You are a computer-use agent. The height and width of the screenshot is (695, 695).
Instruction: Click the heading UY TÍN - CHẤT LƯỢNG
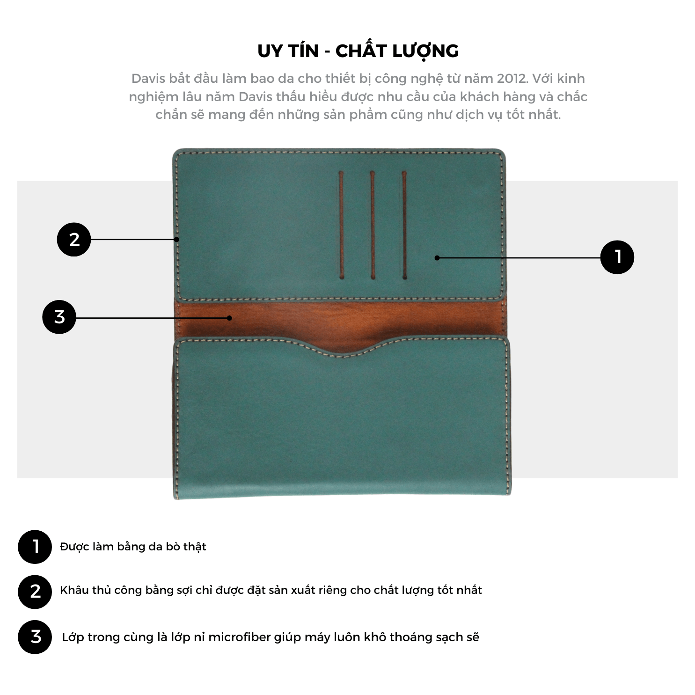(358, 51)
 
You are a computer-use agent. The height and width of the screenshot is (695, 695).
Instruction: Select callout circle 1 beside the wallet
(617, 257)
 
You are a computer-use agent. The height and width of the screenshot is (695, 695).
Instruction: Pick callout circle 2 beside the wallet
(74, 239)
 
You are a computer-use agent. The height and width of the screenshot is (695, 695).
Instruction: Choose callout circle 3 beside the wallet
(59, 317)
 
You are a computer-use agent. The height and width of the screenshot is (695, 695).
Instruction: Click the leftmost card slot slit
(341, 225)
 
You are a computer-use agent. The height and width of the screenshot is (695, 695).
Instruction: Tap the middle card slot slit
(373, 225)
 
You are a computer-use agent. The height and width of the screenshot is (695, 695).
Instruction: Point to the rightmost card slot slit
(404, 225)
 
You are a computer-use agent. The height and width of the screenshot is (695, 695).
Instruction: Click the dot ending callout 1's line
(437, 257)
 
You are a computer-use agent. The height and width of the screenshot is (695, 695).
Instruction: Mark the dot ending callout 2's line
(177, 239)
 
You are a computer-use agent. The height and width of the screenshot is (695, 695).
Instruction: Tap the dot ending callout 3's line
(229, 318)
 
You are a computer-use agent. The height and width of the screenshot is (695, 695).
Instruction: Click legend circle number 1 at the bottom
(35, 547)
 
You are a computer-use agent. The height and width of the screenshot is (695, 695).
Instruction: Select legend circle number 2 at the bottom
(35, 592)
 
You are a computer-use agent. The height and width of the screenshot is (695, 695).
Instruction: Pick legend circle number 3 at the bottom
(35, 636)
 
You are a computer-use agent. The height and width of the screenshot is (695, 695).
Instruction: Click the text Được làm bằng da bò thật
(133, 547)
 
